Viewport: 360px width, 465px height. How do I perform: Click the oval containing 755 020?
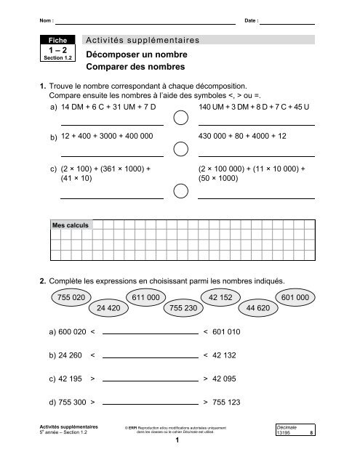(x=71, y=297)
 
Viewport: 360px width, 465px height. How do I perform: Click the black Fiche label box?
(x=56, y=41)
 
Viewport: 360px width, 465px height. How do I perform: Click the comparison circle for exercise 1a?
(x=179, y=118)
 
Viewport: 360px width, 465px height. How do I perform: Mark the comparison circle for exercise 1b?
(x=179, y=150)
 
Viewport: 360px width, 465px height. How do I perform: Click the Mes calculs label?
(x=71, y=226)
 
